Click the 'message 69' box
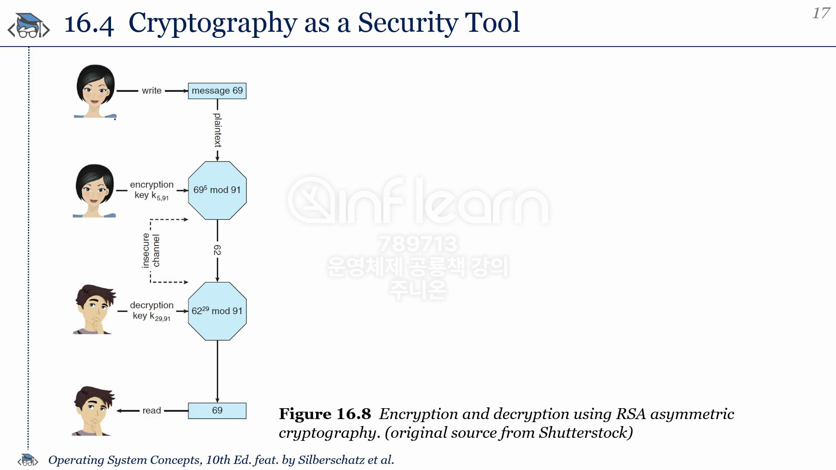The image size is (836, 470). (x=217, y=91)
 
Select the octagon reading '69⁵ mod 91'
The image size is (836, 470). (x=217, y=191)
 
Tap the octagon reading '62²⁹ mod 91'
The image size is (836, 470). (x=217, y=311)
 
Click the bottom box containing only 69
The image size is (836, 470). (x=217, y=411)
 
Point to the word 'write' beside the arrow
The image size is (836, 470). (x=152, y=91)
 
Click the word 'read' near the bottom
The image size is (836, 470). (x=152, y=410)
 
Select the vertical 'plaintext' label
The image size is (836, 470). (x=218, y=130)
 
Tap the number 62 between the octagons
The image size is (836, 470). (x=217, y=250)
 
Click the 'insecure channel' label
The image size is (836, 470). (x=151, y=250)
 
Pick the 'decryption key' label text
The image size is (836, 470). (x=152, y=311)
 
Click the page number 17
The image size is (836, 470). (x=821, y=13)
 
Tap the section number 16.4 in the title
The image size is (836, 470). (x=89, y=23)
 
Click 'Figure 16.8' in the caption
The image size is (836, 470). (x=325, y=414)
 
